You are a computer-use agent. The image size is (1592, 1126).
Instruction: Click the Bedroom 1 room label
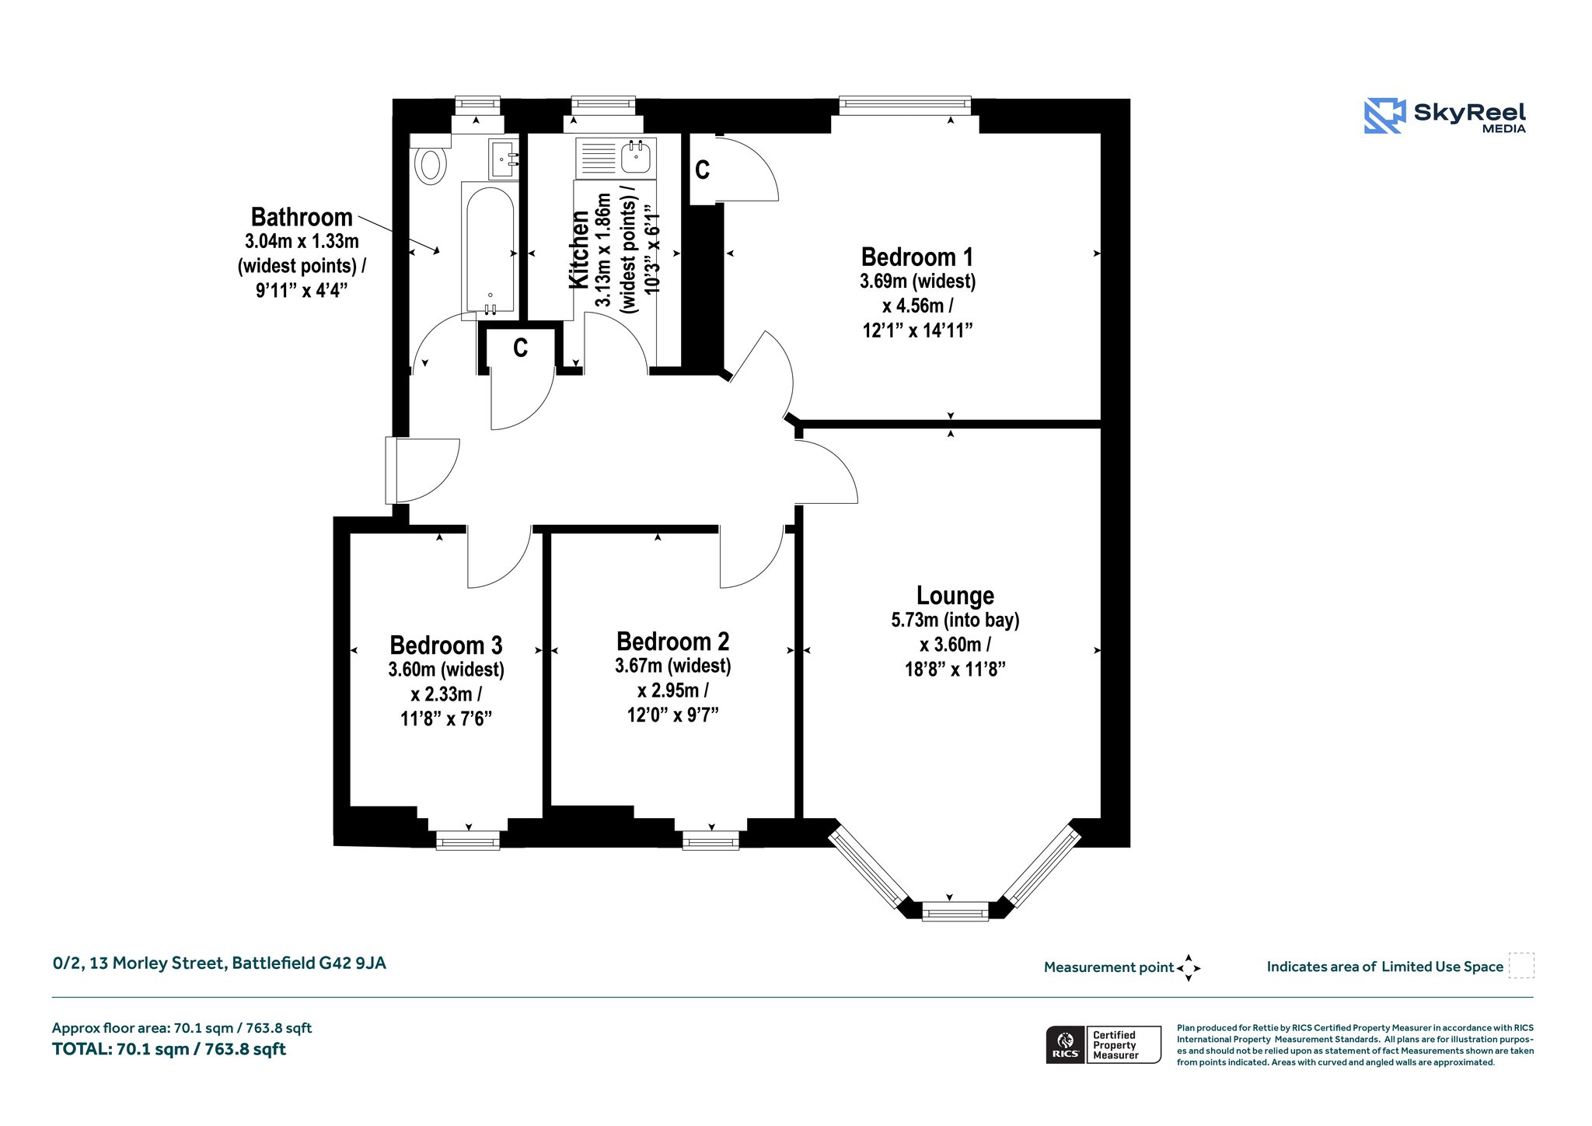(x=917, y=257)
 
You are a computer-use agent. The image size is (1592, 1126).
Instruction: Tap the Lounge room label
(x=955, y=596)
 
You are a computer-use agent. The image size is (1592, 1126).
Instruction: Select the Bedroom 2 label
(x=672, y=642)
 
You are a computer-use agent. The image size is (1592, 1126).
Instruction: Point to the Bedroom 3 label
(x=445, y=645)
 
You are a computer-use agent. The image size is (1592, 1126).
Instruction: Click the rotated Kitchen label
(x=579, y=250)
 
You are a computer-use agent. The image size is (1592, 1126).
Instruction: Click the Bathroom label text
(x=302, y=217)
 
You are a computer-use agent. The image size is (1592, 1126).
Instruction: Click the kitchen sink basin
(x=637, y=159)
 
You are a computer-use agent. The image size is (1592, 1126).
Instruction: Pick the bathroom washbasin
(x=503, y=159)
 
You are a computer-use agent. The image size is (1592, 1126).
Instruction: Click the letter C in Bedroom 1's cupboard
(x=702, y=170)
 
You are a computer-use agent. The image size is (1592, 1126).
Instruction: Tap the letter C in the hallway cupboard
(x=520, y=348)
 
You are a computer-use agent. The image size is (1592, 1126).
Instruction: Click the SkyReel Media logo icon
(x=1384, y=116)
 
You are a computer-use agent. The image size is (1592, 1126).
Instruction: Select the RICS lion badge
(x=1065, y=1044)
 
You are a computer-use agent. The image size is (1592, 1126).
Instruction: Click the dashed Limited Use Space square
(x=1521, y=965)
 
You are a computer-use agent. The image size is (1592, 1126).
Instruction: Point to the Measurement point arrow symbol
(x=1188, y=968)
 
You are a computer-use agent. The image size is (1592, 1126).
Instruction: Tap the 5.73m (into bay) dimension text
(x=955, y=620)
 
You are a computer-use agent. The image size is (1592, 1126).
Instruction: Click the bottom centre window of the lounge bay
(x=955, y=911)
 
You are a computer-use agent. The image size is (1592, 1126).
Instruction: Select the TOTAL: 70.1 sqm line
(x=169, y=1049)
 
